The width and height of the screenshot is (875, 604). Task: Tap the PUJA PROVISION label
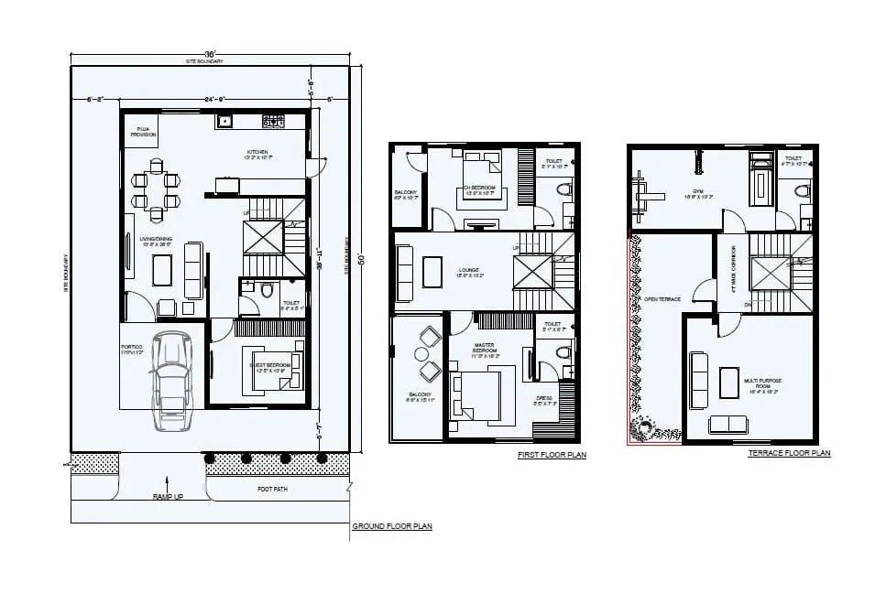pyautogui.click(x=143, y=133)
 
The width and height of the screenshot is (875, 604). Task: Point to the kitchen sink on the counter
pyautogui.click(x=224, y=121)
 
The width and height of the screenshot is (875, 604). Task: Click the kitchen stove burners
pyautogui.click(x=273, y=121)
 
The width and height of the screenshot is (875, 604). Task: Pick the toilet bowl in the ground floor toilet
pyautogui.click(x=267, y=291)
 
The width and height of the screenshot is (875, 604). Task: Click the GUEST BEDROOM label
pyautogui.click(x=269, y=366)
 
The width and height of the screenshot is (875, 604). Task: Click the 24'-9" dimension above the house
pyautogui.click(x=215, y=98)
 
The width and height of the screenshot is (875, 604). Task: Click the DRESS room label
pyautogui.click(x=544, y=400)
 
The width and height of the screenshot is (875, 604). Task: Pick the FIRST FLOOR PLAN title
pyautogui.click(x=551, y=455)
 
